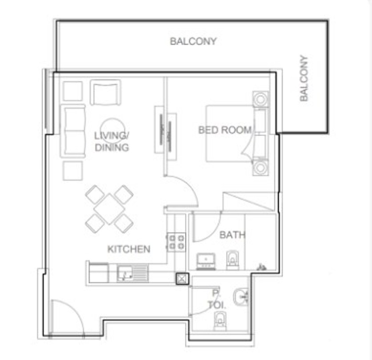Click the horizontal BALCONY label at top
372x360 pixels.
pyautogui.click(x=193, y=41)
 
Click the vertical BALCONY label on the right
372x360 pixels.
pyautogui.click(x=303, y=78)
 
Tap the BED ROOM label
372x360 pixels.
pyautogui.click(x=225, y=130)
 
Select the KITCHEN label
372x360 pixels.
pyautogui.click(x=129, y=249)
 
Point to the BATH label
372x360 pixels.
pyautogui.click(x=232, y=235)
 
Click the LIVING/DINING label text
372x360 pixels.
pyautogui.click(x=112, y=142)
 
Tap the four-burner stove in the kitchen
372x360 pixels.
pyautogui.click(x=176, y=242)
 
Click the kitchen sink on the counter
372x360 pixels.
pyautogui.click(x=133, y=273)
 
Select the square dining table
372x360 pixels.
pyautogui.click(x=109, y=209)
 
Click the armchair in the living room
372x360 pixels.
pyautogui.click(x=105, y=93)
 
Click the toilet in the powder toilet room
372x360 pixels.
pyautogui.click(x=220, y=321)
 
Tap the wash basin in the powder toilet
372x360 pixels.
pyautogui.click(x=241, y=297)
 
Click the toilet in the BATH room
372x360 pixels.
pyautogui.click(x=232, y=261)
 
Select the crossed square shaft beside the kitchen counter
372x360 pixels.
pyautogui.click(x=182, y=279)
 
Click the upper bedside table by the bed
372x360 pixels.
pyautogui.click(x=260, y=99)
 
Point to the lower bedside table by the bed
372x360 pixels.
pyautogui.click(x=260, y=168)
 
